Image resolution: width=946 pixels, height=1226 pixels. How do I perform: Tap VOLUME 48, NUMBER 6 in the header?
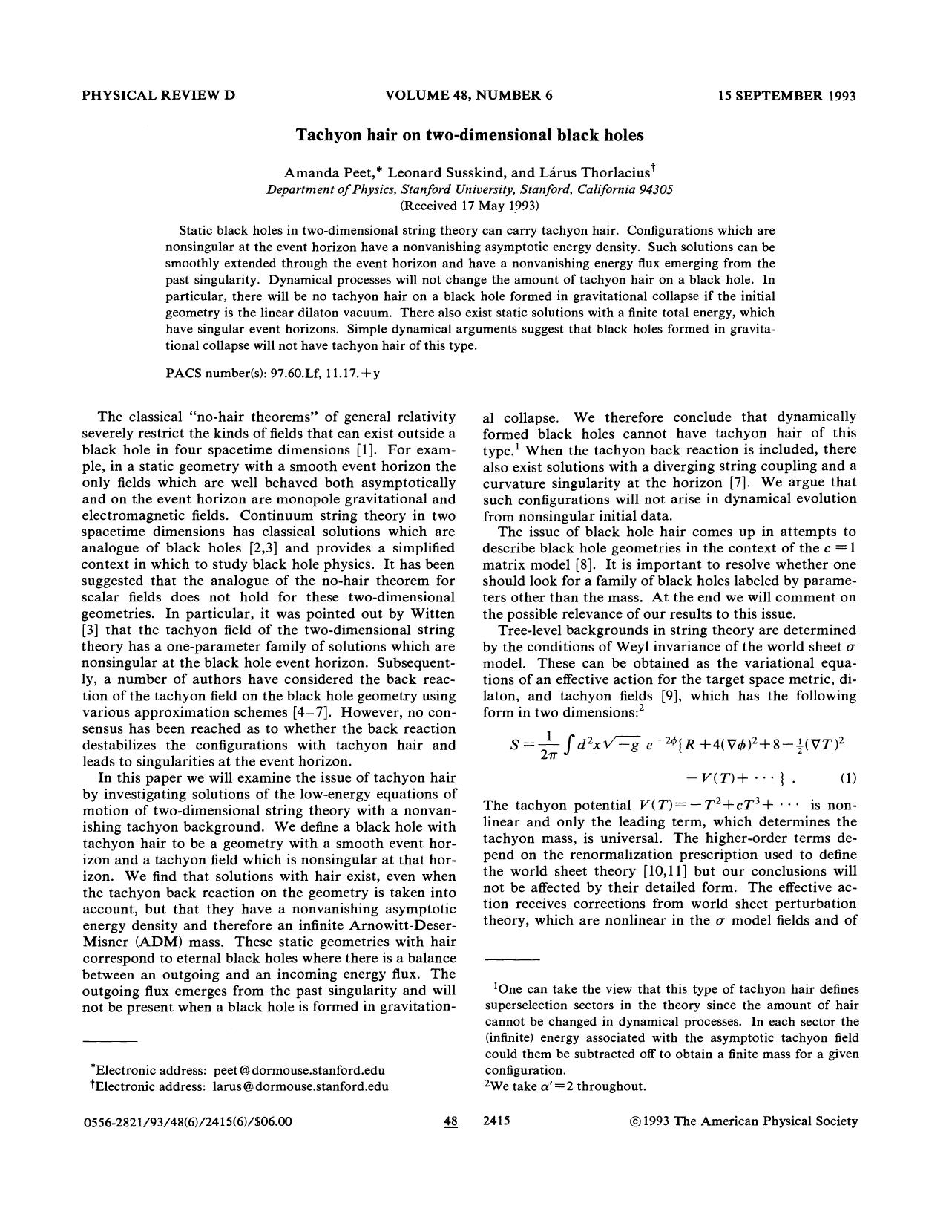pyautogui.click(x=469, y=95)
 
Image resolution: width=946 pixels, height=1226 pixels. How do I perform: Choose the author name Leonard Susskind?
pyautogui.click(x=442, y=172)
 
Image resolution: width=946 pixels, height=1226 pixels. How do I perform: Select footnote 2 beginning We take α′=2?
pyautogui.click(x=565, y=1086)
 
